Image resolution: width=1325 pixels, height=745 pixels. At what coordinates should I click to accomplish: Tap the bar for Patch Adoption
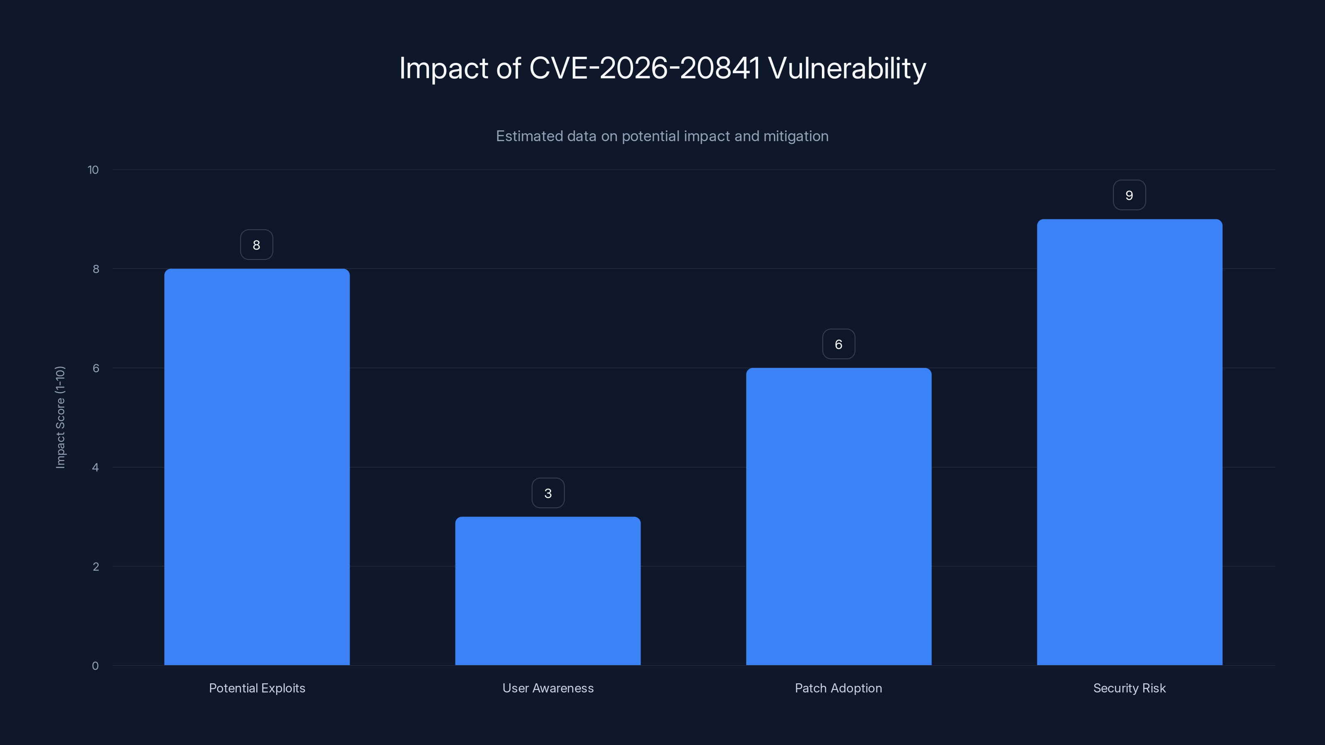(838, 516)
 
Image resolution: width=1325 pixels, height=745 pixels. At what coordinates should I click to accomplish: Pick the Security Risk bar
(1129, 442)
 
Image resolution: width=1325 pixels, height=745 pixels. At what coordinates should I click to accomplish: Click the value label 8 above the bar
(256, 245)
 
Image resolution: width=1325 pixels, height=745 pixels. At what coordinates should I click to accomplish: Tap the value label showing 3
(548, 493)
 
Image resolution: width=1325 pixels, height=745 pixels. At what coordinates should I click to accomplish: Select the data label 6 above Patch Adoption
(838, 344)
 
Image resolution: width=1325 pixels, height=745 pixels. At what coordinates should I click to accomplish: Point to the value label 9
(1129, 195)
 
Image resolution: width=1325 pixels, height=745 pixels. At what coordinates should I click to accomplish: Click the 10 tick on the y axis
(93, 170)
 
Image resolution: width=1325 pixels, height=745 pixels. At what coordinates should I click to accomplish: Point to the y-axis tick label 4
(95, 467)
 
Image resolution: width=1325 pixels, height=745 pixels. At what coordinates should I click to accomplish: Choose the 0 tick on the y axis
(95, 666)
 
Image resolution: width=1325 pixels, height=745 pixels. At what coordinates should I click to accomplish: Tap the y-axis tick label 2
(96, 567)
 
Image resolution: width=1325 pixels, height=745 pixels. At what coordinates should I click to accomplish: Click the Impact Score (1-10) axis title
(60, 417)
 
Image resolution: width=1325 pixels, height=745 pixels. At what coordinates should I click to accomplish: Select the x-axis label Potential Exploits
(257, 688)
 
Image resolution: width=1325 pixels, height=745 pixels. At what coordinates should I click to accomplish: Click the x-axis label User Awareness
(548, 688)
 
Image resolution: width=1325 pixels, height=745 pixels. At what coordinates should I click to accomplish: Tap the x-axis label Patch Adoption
(838, 688)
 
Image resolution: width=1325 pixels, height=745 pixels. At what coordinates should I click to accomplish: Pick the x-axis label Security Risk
(1129, 688)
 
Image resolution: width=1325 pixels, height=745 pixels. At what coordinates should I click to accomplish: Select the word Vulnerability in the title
(847, 68)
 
